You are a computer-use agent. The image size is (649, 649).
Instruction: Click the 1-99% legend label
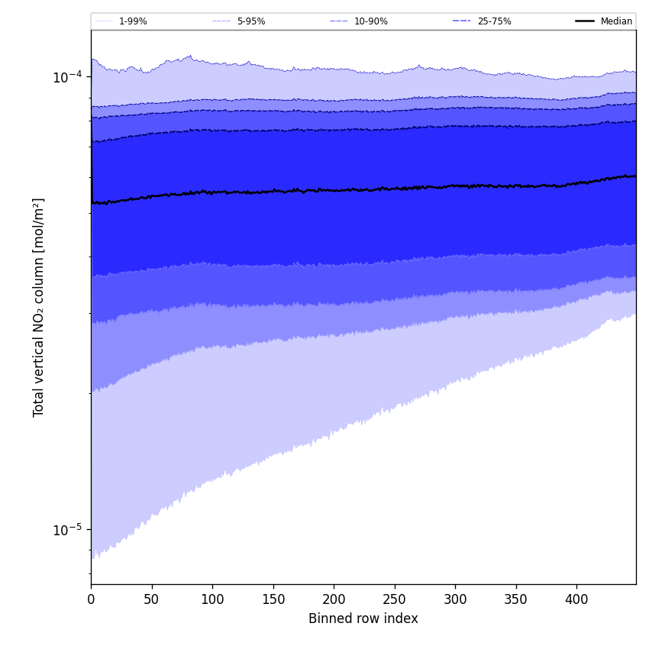click(133, 21)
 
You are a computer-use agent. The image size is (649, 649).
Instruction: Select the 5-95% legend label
click(251, 21)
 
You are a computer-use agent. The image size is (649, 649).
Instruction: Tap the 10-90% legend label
click(370, 21)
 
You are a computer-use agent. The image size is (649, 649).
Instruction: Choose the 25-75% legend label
click(494, 21)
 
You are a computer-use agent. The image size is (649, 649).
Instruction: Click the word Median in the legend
click(616, 21)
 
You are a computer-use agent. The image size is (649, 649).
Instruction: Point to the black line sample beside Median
click(585, 21)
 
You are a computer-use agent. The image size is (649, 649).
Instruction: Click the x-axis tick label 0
click(91, 600)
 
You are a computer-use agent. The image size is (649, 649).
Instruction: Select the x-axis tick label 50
click(151, 600)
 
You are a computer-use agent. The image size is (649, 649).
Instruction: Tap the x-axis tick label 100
click(212, 600)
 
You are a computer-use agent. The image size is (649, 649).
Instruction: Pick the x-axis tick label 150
click(273, 600)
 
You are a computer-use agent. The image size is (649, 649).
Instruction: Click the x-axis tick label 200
click(334, 600)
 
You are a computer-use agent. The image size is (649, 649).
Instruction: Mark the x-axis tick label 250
click(394, 600)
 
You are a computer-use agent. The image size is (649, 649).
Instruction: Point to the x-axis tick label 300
click(455, 600)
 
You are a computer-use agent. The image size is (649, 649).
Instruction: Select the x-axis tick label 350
click(515, 600)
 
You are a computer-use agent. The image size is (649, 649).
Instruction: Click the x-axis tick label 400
click(576, 600)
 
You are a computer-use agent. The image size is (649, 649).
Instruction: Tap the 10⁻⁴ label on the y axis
click(67, 77)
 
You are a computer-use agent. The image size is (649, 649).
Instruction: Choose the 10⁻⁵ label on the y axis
click(67, 529)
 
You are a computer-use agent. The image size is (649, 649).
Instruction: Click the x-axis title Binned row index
click(363, 618)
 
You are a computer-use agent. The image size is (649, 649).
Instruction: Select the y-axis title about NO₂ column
click(38, 307)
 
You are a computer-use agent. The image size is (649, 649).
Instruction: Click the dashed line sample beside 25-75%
click(461, 21)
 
